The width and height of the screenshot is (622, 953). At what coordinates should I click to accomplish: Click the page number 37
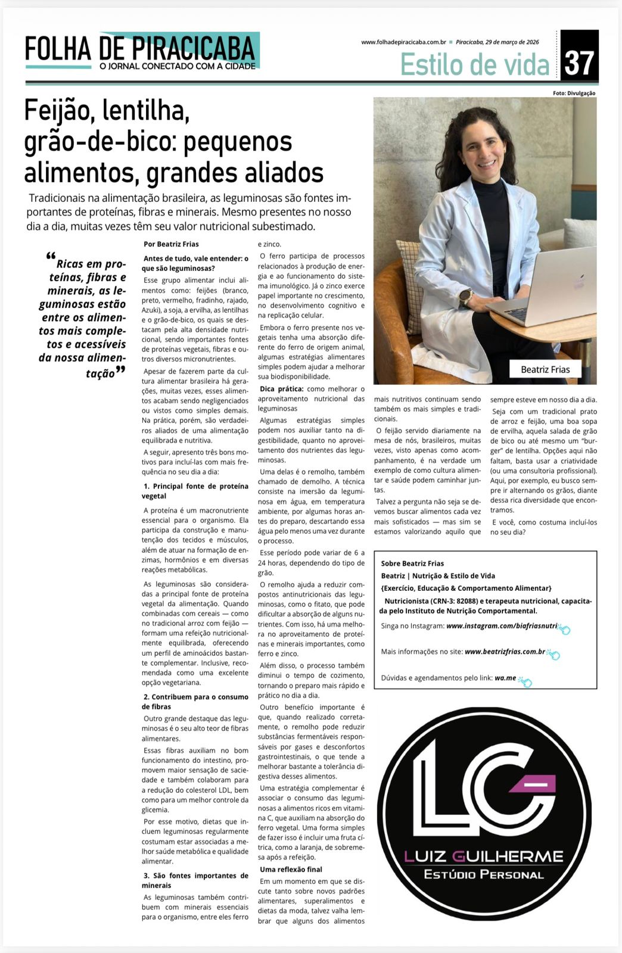[x=579, y=62]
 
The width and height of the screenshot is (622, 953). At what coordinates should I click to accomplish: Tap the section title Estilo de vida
[x=474, y=64]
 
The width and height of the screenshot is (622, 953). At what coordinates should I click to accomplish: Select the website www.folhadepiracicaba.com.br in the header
[x=403, y=42]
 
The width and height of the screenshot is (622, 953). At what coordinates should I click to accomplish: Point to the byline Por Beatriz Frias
[x=171, y=244]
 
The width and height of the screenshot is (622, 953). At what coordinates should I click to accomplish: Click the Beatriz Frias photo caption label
[x=545, y=369]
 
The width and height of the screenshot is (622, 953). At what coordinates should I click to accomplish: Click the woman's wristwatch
[x=465, y=296]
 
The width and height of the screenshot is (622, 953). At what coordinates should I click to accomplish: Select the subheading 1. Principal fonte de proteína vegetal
[x=195, y=491]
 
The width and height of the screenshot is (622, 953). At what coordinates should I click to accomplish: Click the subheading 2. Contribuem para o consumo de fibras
[x=195, y=702]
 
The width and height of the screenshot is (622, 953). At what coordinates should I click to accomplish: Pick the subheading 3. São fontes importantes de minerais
[x=195, y=880]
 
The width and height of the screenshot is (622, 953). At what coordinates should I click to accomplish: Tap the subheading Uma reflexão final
[x=291, y=869]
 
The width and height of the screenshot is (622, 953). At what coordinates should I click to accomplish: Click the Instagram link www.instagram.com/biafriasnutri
[x=501, y=626]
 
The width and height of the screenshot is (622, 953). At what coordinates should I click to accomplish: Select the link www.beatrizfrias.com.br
[x=505, y=652]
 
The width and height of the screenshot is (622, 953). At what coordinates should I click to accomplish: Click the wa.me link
[x=505, y=678]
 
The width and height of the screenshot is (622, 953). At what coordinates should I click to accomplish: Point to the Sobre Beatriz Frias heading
[x=412, y=563]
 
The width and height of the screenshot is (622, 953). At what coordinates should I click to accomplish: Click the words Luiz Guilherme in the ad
[x=483, y=857]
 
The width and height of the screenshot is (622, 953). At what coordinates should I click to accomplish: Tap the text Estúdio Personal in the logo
[x=483, y=874]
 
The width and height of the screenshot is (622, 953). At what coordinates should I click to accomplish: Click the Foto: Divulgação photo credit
[x=574, y=93]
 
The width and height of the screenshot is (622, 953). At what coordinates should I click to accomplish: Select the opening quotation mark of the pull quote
[x=50, y=257]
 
